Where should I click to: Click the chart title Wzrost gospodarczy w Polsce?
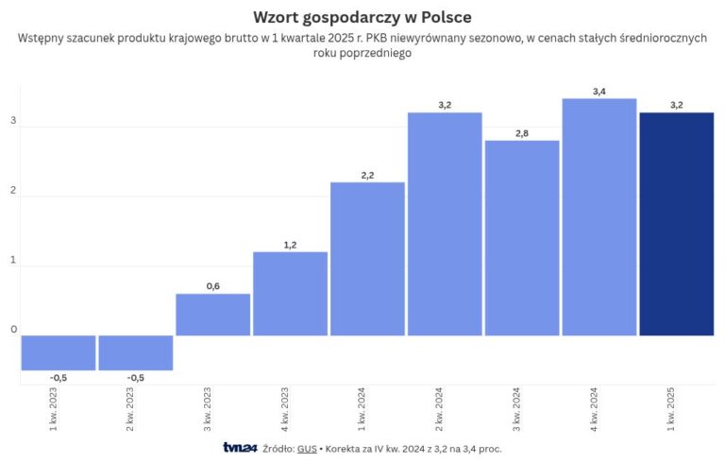(x=362, y=18)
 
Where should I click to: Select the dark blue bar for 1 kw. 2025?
(x=676, y=224)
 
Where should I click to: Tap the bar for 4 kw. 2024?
(x=599, y=216)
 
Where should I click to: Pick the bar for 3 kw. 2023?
(x=212, y=315)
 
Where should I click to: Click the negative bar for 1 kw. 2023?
(x=59, y=352)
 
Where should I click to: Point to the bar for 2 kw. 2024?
(x=445, y=224)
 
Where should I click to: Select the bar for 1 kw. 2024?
(x=367, y=258)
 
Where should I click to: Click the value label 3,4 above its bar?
(x=599, y=91)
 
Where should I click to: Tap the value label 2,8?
(x=522, y=133)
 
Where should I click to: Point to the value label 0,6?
(x=212, y=286)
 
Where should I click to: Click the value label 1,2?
(x=290, y=245)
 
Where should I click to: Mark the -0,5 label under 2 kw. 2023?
(x=136, y=378)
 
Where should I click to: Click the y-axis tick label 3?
(x=13, y=121)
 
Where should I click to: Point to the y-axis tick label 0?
(x=13, y=330)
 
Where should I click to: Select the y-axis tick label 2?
(x=13, y=191)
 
